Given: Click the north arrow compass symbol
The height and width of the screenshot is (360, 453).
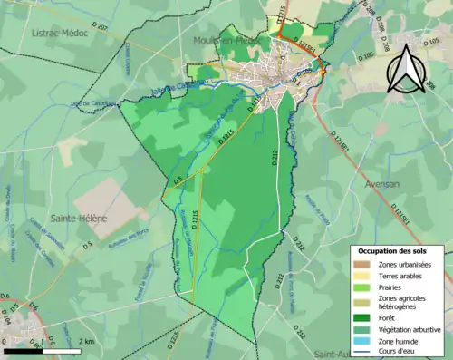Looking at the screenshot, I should [x=408, y=65].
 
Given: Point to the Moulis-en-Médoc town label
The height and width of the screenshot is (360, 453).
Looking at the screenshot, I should [x=226, y=41].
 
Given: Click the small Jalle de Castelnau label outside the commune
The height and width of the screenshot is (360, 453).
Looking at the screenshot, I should [x=93, y=103].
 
